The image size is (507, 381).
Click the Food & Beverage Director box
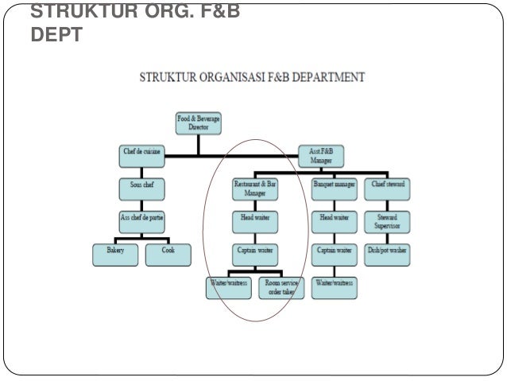199,123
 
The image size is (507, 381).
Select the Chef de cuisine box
141,155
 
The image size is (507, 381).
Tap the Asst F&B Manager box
321,155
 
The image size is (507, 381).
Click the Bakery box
116,254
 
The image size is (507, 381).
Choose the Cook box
168,254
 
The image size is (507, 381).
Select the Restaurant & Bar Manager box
256,188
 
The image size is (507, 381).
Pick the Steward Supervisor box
389,220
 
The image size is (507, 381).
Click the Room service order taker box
283,286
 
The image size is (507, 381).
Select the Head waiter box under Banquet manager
334,218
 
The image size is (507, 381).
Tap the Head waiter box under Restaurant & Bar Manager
256,218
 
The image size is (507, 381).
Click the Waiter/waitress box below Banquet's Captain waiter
334,284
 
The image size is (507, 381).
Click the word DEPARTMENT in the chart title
327,78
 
